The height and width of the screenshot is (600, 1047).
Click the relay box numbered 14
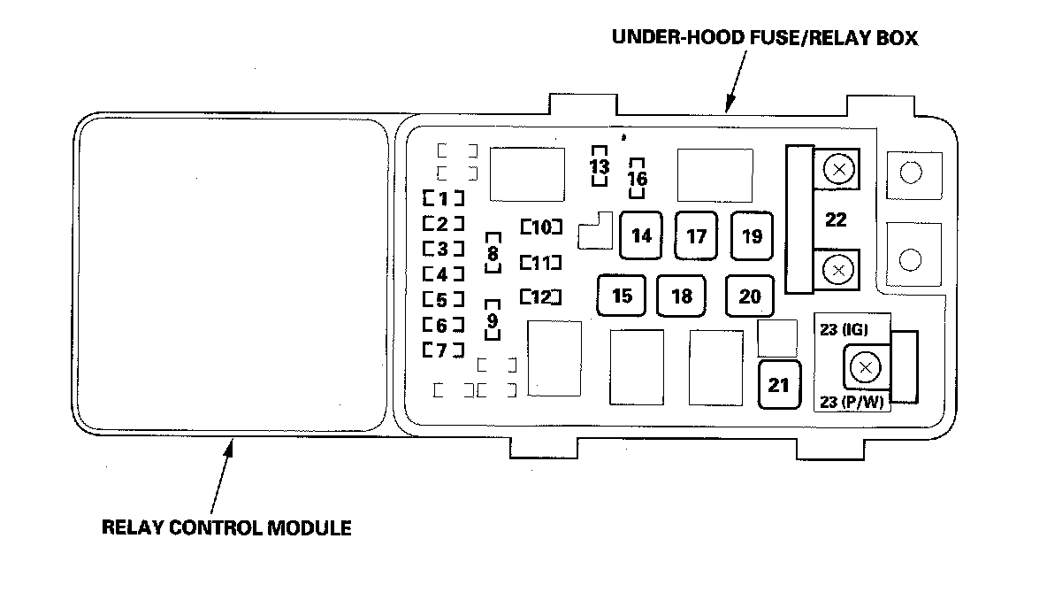point(642,236)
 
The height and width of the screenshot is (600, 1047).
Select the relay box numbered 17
point(697,236)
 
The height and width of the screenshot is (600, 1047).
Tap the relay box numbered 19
point(752,236)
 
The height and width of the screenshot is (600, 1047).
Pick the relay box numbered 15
point(622,296)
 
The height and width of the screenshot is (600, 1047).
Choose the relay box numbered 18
point(682,296)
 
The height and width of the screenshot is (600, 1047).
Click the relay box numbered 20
point(750,296)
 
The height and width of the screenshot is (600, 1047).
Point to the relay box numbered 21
point(779,385)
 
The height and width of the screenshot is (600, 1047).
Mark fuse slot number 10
point(541,227)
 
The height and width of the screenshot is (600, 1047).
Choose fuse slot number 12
point(541,296)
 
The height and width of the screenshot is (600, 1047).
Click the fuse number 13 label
point(600,166)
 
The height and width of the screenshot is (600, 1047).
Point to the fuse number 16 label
point(637,179)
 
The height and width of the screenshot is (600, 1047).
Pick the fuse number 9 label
point(493,319)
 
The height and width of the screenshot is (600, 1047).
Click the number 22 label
point(836,220)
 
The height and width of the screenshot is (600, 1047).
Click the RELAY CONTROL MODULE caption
point(227,528)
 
